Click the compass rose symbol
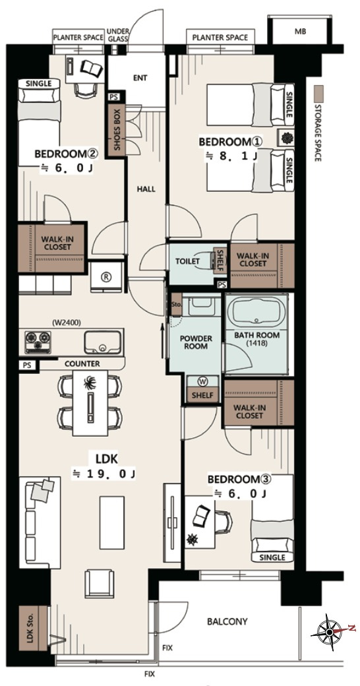(330, 632)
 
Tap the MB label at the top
(301, 31)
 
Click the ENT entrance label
(140, 78)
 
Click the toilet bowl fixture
(206, 262)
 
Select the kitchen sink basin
(103, 342)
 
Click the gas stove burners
(38, 342)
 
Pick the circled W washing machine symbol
(203, 381)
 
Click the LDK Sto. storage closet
(33, 629)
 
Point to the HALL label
(146, 189)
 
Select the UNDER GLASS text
(118, 35)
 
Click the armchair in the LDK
(100, 583)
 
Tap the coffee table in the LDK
(112, 522)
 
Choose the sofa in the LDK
(40, 522)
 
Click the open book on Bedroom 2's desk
(92, 68)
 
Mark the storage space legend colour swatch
(320, 94)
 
